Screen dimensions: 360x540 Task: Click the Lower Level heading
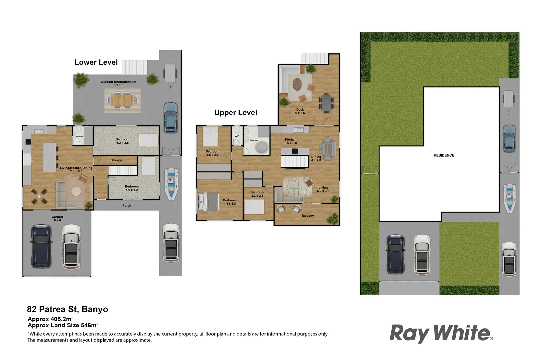tap(96, 62)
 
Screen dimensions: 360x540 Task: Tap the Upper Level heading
tap(236, 113)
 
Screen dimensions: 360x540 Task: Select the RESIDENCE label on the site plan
tap(444, 155)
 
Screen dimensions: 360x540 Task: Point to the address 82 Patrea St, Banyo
tap(67, 309)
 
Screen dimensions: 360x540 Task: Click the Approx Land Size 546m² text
tap(63, 325)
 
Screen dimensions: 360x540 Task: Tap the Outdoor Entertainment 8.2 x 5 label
tap(118, 83)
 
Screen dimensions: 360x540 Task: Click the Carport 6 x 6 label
tap(57, 219)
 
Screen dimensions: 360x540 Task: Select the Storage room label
tap(116, 160)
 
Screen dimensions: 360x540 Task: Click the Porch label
tap(127, 206)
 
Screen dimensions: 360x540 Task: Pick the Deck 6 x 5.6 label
tap(300, 111)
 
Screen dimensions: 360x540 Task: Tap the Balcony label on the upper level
tap(308, 216)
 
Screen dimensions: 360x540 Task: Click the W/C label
tap(237, 136)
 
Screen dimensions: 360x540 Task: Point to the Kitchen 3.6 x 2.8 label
tap(291, 141)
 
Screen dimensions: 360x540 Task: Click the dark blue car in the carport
tap(41, 246)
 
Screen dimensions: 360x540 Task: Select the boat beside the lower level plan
tap(171, 184)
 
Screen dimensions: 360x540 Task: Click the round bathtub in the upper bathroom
tap(262, 147)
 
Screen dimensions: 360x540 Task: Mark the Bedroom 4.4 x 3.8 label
tap(229, 202)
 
